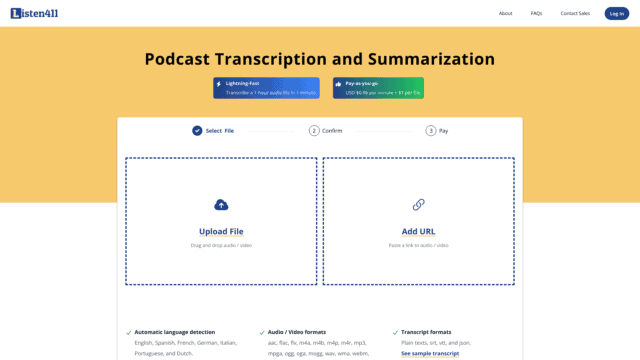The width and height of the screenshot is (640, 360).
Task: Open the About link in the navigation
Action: (x=506, y=13)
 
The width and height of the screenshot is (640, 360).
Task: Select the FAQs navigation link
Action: (x=537, y=13)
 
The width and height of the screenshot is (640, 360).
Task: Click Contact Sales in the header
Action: (x=575, y=13)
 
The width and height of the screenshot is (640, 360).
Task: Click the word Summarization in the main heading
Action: (x=422, y=59)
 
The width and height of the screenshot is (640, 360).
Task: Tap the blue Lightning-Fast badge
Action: (x=266, y=88)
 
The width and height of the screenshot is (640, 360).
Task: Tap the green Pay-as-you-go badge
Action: (x=378, y=88)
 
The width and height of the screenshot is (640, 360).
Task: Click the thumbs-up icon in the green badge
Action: (x=339, y=84)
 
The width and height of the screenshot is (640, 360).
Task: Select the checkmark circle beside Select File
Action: (x=197, y=130)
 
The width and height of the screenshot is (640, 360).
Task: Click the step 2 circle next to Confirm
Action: (x=314, y=130)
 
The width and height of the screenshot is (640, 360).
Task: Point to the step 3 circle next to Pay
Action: (x=431, y=130)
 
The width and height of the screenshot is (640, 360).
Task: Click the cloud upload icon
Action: (x=221, y=205)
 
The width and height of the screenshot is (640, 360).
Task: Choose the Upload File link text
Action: (x=221, y=231)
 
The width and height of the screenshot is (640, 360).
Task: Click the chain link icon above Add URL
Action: (x=418, y=205)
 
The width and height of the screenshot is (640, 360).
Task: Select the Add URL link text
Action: (x=418, y=231)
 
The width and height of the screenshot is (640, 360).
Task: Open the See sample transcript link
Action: (x=430, y=353)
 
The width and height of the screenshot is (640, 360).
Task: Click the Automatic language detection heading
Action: (x=175, y=332)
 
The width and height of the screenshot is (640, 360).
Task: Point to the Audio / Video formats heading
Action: (x=297, y=332)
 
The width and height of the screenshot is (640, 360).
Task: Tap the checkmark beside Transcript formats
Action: (x=394, y=332)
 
